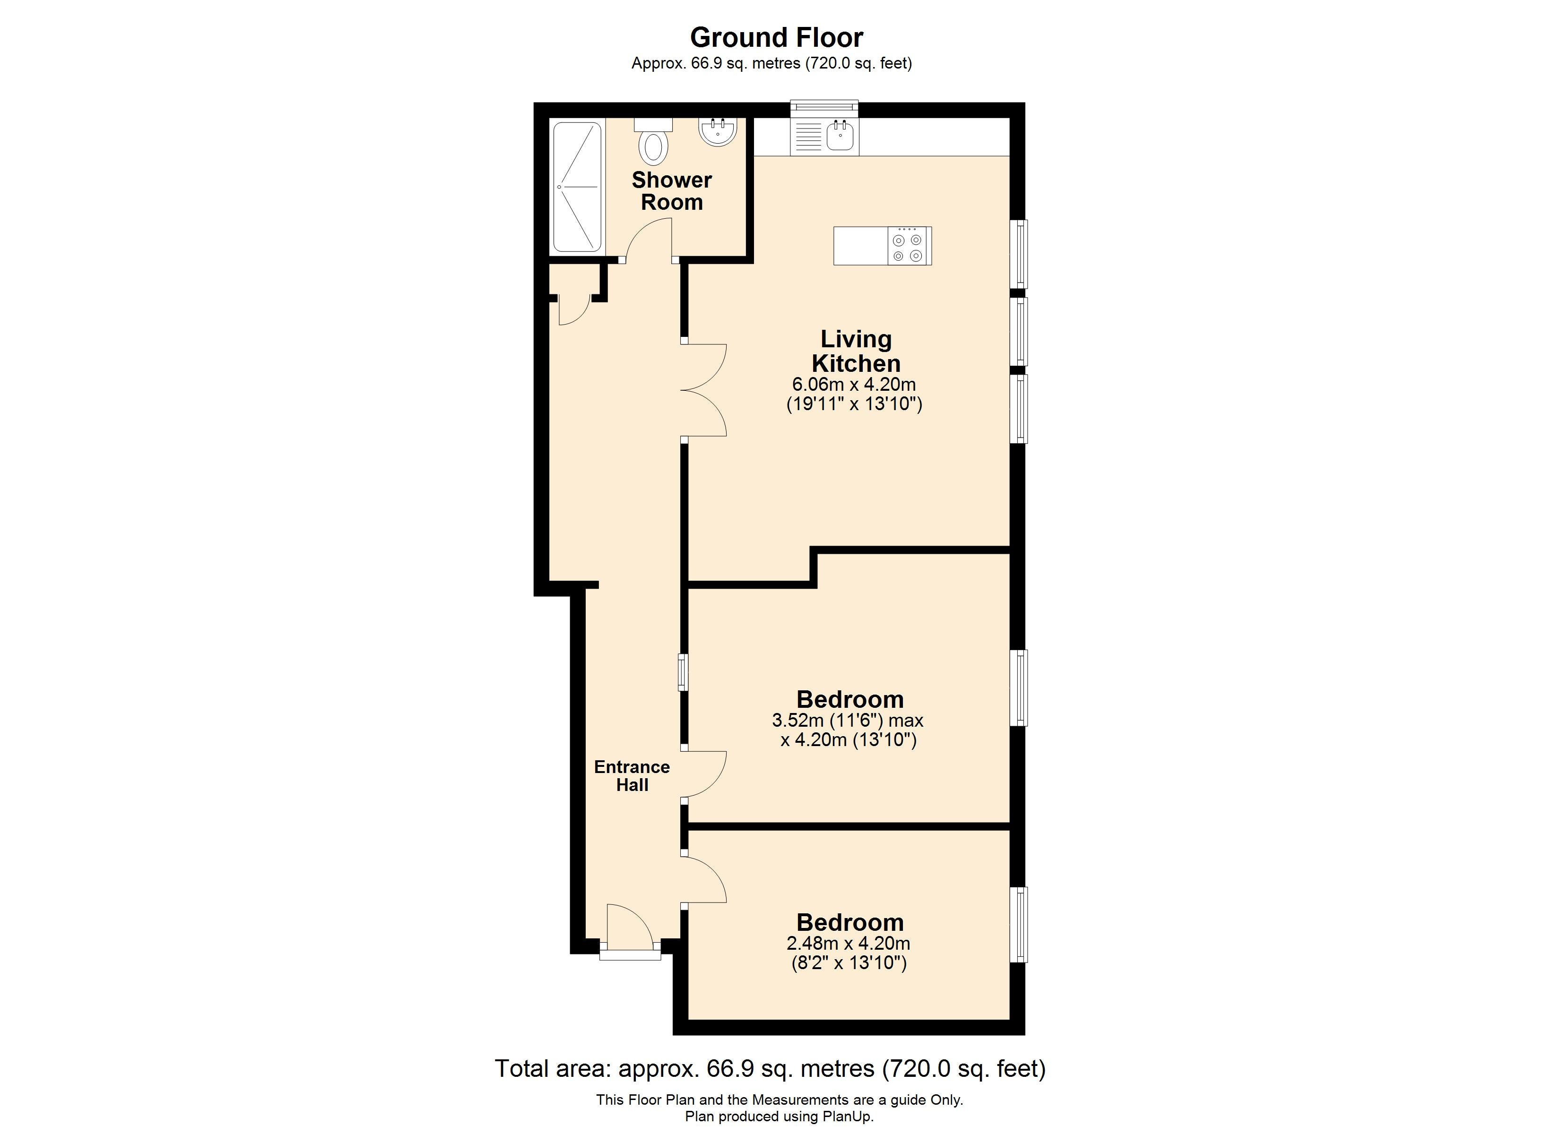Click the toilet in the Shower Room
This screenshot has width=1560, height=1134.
(653, 141)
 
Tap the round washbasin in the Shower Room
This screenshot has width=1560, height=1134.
(718, 131)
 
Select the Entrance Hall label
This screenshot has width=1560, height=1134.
(632, 776)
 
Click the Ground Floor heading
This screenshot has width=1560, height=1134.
(777, 37)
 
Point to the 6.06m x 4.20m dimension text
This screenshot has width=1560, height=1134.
(854, 385)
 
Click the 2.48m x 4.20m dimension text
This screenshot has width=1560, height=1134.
(848, 944)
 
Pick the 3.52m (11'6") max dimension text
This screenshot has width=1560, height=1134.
(848, 721)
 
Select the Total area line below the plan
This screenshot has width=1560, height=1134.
(771, 1069)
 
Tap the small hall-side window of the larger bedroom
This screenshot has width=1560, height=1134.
(682, 672)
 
